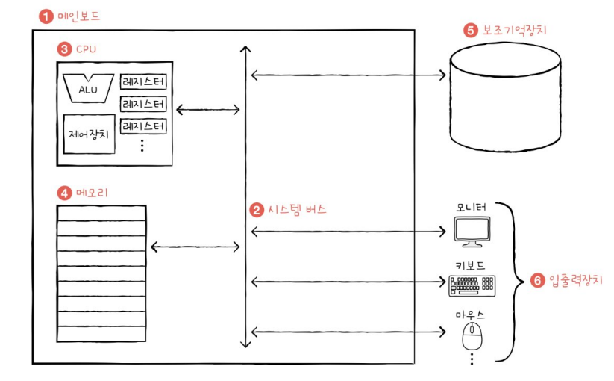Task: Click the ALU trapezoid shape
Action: pos(87,87)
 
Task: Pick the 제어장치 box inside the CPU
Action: pos(89,134)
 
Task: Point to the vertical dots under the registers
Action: pos(142,146)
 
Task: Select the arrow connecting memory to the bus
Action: pos(195,246)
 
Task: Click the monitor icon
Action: pos(474,232)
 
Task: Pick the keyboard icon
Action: pos(472,284)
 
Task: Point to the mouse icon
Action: pos(471,338)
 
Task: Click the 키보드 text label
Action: pos(473,265)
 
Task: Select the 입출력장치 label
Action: pos(571,281)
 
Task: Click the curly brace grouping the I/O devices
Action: pos(511,280)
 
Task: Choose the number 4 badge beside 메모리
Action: pos(63,193)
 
